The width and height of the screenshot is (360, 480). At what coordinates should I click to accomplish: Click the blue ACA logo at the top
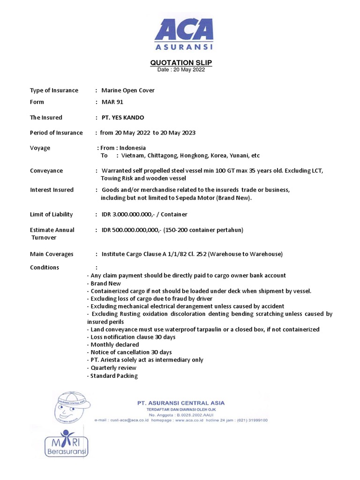coord(184,33)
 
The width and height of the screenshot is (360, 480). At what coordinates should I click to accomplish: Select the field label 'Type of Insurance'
coord(54,90)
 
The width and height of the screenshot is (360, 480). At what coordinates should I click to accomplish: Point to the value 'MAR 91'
coord(112,102)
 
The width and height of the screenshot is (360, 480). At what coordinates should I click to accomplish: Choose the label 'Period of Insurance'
coord(56,133)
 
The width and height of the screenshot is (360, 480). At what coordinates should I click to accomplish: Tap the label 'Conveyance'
coord(46,171)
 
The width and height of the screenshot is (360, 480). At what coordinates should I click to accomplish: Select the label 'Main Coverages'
coord(52,254)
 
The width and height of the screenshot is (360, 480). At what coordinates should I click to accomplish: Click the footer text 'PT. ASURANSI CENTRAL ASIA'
coord(180,403)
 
